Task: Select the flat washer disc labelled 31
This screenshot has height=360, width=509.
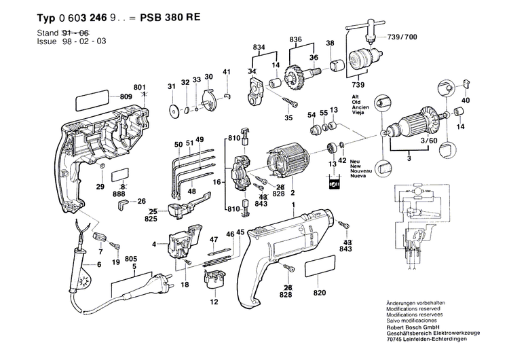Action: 173,110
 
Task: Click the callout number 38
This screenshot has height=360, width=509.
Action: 331,43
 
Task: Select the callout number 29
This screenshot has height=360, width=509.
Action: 100,187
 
